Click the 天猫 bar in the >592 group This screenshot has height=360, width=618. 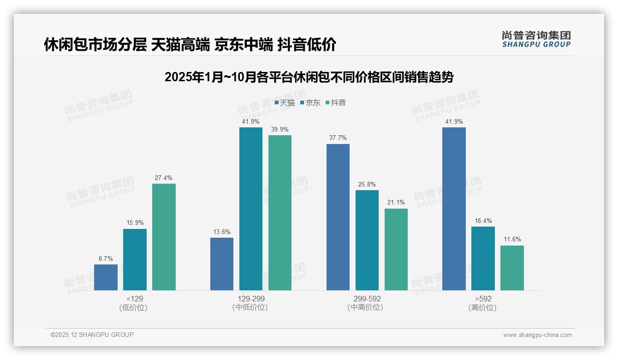click(454, 209)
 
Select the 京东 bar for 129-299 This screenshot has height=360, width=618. click(250, 209)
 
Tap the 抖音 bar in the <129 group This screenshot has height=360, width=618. click(164, 237)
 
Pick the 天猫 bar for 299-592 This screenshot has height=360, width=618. click(338, 217)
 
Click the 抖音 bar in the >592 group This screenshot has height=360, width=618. click(512, 268)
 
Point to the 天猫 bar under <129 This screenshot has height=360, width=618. click(106, 277)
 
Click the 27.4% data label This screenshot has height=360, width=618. click(164, 178)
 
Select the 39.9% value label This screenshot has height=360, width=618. click(279, 129)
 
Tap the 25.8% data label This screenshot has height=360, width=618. click(367, 184)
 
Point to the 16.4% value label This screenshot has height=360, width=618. click(483, 221)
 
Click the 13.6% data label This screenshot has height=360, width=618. click(222, 232)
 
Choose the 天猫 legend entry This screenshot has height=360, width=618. click(285, 102)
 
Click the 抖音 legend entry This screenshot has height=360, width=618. click(336, 102)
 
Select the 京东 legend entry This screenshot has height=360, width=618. click(310, 102)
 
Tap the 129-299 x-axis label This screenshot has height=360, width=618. click(251, 299)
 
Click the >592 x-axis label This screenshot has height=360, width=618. click(483, 299)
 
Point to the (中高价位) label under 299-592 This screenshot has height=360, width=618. click(367, 307)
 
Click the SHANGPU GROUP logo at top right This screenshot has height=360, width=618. click(536, 39)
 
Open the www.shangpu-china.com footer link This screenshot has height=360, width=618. click(537, 335)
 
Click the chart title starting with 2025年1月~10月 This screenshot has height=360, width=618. click(309, 77)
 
